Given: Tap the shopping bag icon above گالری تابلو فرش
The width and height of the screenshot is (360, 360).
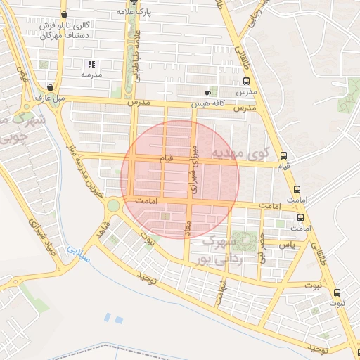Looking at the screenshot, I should click(x=65, y=14).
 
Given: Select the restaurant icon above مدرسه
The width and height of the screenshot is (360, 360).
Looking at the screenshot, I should click(x=91, y=64).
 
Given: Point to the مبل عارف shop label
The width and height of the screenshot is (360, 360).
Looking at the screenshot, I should click(x=51, y=98).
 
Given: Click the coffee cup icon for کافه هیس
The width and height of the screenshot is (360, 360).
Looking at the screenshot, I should click(x=207, y=93).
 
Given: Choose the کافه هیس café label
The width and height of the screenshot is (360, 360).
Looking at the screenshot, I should click(x=209, y=104).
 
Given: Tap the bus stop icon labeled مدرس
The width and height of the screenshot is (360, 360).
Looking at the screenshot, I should click(x=247, y=82).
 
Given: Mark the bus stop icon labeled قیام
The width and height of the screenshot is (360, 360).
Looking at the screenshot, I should click(x=283, y=156).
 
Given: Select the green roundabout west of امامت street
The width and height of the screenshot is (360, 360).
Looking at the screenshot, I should click(x=113, y=205).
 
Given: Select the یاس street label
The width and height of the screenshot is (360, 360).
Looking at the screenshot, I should click(x=286, y=245).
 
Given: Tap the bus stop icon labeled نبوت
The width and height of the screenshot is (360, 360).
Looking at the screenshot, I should click(x=336, y=292).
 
